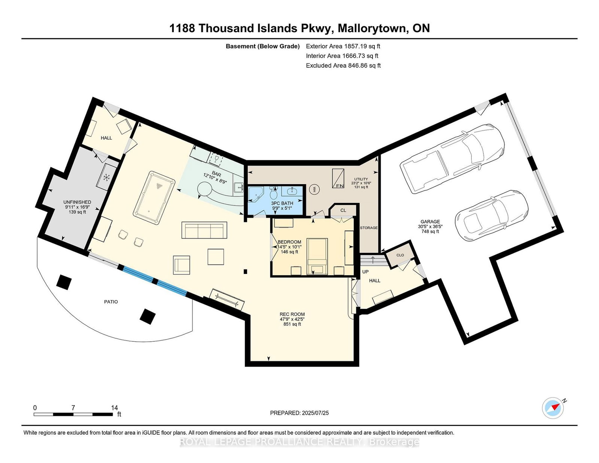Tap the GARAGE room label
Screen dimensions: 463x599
click(430, 222)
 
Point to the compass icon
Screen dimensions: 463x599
click(553, 408)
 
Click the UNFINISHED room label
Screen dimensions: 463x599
click(77, 202)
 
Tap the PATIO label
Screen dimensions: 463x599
click(111, 301)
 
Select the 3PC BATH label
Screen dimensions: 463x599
click(282, 203)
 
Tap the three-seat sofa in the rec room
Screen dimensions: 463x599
click(204, 230)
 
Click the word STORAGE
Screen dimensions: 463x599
click(369, 228)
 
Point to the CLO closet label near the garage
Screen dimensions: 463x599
click(400, 255)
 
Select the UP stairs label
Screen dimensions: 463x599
click(365, 271)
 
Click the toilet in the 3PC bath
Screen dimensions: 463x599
click(274, 194)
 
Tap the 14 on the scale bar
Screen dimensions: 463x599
click(114, 408)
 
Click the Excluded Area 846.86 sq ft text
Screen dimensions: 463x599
click(343, 66)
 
